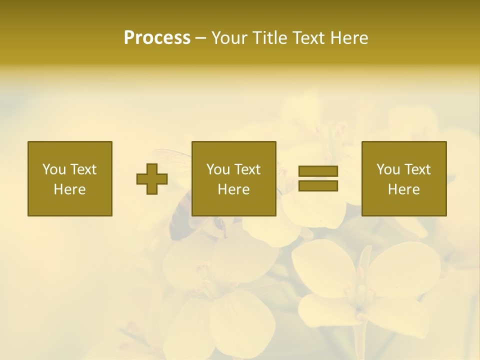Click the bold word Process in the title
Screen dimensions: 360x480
coord(157,38)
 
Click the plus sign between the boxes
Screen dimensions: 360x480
coord(152,179)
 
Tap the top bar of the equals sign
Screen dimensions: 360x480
coord(318,171)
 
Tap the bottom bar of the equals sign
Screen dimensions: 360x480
coord(318,186)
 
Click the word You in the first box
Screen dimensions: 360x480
coord(54,169)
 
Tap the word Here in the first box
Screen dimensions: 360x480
coord(70,189)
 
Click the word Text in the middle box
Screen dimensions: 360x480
coord(247,169)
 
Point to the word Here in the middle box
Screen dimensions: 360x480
coord(233,189)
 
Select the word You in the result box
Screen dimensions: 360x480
coord(388,169)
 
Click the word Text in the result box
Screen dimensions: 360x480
coord(417,169)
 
